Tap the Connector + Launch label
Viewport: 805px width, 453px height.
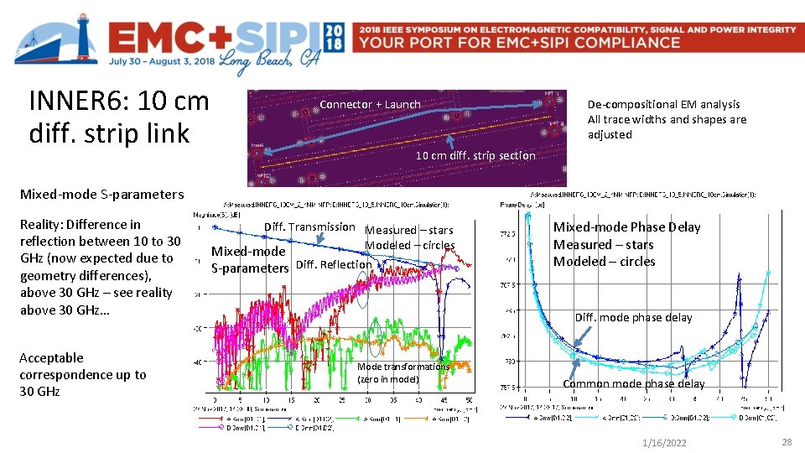370,104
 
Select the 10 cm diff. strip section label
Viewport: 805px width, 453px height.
475,155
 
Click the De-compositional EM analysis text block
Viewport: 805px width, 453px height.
667,119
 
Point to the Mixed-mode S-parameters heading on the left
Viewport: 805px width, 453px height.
101,194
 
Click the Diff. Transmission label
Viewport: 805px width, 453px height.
309,226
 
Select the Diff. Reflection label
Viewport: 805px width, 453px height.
334,265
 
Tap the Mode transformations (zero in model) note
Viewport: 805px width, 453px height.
402,372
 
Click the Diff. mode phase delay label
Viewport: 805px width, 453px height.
633,317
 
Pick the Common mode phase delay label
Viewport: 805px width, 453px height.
633,383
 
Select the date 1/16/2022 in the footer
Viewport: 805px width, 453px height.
663,442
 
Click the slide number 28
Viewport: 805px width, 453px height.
786,441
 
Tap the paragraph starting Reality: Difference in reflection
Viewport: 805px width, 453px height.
100,267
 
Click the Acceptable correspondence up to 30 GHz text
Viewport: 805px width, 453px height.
82,374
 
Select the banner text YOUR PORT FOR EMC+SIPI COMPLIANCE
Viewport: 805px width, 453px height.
519,42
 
